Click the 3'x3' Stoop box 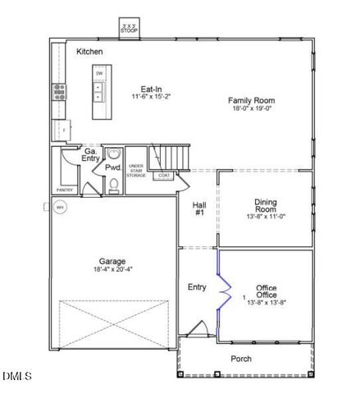pyautogui.click(x=128, y=27)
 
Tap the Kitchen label pyautogui.click(x=89, y=52)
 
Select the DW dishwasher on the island pyautogui.click(x=98, y=74)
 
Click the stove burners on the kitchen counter pyautogui.click(x=60, y=91)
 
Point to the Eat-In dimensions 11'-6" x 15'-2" pyautogui.click(x=150, y=97)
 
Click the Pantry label pyautogui.click(x=64, y=190)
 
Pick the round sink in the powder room pyautogui.click(x=114, y=154)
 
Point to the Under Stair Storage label pyautogui.click(x=137, y=170)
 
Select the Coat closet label pyautogui.click(x=165, y=175)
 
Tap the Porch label pyautogui.click(x=240, y=359)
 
